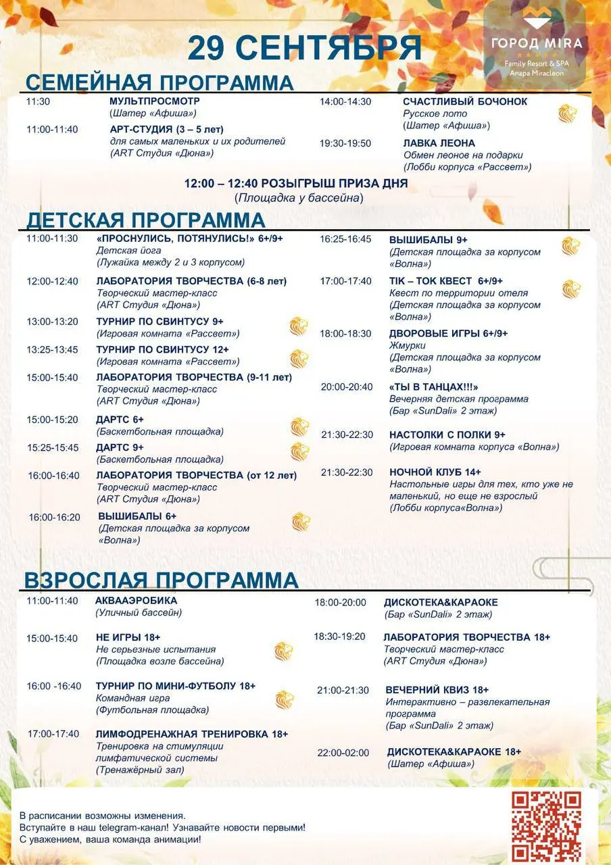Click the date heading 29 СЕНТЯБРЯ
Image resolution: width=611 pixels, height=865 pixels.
(x=304, y=49)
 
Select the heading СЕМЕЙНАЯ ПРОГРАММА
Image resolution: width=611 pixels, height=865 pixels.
(x=160, y=82)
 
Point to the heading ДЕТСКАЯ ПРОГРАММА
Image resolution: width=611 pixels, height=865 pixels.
(x=145, y=220)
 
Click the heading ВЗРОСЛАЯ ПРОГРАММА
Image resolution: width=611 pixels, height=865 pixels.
(x=161, y=580)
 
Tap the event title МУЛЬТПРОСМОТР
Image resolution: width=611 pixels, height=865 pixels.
(x=155, y=101)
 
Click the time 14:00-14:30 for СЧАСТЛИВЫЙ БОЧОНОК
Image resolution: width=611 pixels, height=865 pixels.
(x=345, y=101)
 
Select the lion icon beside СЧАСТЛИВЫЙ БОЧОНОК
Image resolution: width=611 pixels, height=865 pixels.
(x=568, y=114)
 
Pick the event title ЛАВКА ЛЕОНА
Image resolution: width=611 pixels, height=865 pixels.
(x=439, y=143)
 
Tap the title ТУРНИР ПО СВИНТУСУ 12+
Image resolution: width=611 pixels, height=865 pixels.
(x=162, y=349)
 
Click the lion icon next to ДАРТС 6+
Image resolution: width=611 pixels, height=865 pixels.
(x=299, y=426)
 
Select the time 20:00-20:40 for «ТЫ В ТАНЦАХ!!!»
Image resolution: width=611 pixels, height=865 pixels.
(x=346, y=387)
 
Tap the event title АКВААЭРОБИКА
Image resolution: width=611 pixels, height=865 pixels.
(x=137, y=600)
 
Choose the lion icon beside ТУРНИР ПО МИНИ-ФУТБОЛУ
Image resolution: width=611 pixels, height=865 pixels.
(x=285, y=699)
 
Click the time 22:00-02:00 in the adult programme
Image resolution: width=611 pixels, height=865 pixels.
(x=343, y=753)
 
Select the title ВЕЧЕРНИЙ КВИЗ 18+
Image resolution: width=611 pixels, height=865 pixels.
(x=437, y=690)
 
